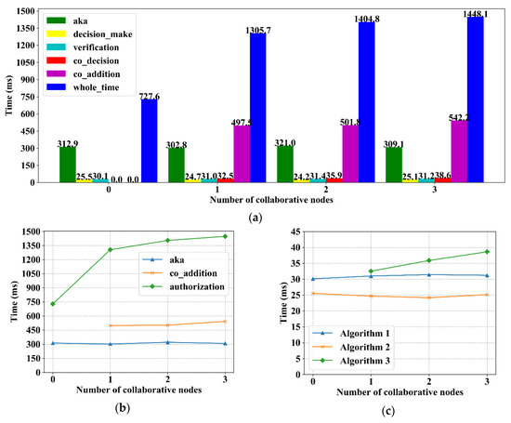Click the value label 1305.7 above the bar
[256, 30]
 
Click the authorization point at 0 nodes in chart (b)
[53, 304]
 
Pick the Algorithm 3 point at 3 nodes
[486, 252]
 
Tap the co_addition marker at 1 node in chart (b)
[111, 325]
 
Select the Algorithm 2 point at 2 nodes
[428, 297]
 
